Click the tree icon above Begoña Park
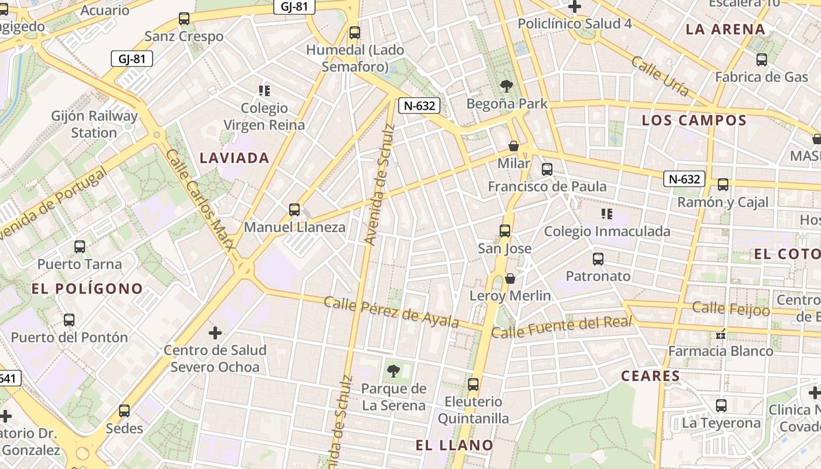coord(506,87)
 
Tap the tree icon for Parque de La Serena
coord(393,371)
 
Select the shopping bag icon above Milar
coord(514,145)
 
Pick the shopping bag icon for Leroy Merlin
coord(510,278)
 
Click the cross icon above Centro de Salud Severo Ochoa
coord(215,333)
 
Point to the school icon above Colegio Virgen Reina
coord(264,90)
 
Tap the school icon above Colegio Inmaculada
coord(607,214)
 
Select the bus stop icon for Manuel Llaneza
coord(294,209)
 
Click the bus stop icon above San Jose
coord(504,230)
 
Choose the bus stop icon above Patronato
coord(598,259)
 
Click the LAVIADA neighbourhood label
coord(235,158)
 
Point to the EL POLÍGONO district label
coord(87,288)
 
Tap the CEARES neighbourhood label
coord(651,376)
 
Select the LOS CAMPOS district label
coord(694,121)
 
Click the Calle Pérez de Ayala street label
coord(391,312)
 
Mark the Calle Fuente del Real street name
coord(562,327)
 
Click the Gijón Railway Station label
coord(94,124)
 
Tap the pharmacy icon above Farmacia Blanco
coord(720,334)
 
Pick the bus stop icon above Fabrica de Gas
coord(761,59)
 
